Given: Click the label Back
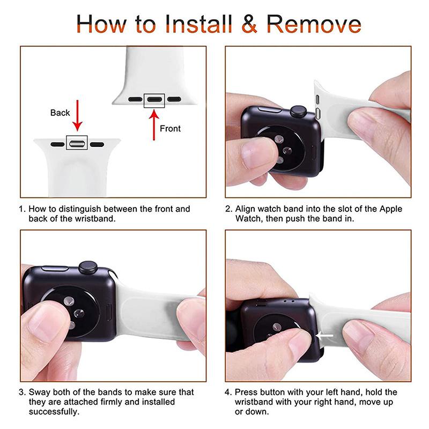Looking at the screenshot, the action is (x=60, y=113).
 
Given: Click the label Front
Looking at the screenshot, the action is (x=170, y=129).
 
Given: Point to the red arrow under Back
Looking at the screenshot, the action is (x=77, y=115).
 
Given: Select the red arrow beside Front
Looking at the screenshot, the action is (x=154, y=125).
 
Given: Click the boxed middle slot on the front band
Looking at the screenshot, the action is (x=154, y=99).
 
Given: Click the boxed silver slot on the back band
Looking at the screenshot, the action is (x=77, y=143).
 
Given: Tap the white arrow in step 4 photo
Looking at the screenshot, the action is (x=324, y=336).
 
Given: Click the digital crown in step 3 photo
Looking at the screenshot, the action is (x=88, y=267).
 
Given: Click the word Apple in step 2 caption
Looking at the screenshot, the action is (x=391, y=209).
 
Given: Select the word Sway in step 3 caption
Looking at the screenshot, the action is (x=39, y=392).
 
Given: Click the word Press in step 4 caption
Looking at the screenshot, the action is (x=246, y=392).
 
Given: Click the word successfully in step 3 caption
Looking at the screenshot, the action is (x=54, y=412).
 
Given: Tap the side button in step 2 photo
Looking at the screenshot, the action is (x=270, y=110).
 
